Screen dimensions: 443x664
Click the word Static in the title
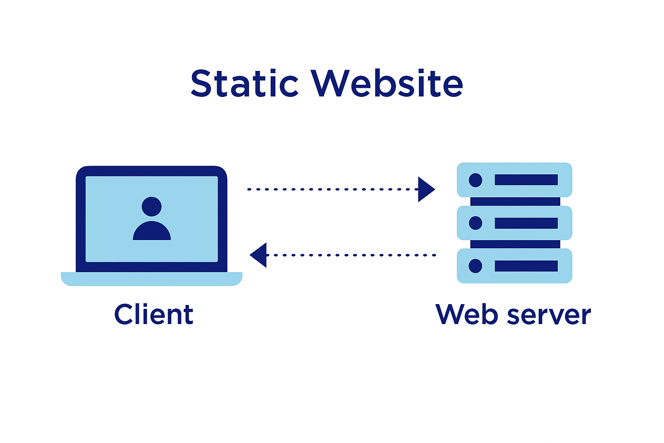tap(244, 83)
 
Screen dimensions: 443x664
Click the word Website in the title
tap(387, 83)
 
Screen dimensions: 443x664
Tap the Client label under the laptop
tap(153, 315)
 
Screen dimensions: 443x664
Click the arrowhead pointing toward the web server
tap(425, 189)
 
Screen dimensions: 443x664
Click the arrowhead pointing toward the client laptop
tap(259, 255)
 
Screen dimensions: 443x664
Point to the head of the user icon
tap(151, 207)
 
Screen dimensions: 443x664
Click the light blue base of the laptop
tap(151, 279)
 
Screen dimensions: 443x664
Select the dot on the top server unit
tap(476, 180)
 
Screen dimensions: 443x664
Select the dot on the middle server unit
tap(476, 223)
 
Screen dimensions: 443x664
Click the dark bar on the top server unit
tap(526, 180)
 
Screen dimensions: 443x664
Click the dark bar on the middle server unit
tap(526, 223)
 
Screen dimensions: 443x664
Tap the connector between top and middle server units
tap(515, 202)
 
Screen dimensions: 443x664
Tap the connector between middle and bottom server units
tap(515, 244)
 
